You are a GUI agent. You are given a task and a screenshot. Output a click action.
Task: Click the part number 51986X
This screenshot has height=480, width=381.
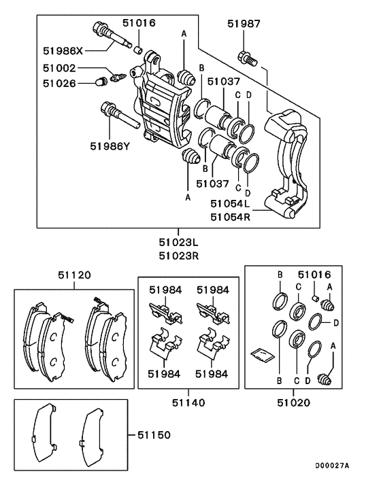coord(64,50)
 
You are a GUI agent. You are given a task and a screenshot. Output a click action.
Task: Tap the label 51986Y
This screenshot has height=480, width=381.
coord(114,145)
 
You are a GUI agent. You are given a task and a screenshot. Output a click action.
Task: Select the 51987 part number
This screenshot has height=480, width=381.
coord(244,24)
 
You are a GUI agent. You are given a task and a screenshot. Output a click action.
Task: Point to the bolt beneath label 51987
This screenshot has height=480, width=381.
coord(246,58)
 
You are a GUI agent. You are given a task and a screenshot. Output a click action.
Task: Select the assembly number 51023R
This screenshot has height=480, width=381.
coord(179,255)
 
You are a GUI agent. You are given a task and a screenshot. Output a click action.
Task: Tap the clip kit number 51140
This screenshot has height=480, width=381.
coord(188,402)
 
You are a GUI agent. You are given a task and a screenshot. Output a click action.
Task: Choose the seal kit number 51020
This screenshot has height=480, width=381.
coord(293,402)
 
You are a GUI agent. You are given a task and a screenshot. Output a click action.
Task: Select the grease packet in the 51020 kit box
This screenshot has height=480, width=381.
coord(262,354)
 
